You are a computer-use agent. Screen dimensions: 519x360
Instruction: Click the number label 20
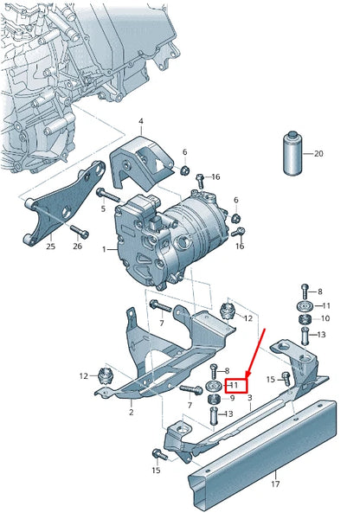(x=318, y=153)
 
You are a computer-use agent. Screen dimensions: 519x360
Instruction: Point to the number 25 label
(x=50, y=247)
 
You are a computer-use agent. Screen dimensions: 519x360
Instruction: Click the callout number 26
(x=78, y=247)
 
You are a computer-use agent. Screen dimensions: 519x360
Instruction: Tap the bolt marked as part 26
(x=80, y=231)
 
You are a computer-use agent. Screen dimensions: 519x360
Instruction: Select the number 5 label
(x=102, y=208)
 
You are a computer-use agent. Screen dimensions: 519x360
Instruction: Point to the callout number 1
(x=104, y=249)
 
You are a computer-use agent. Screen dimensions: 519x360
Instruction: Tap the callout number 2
(x=132, y=413)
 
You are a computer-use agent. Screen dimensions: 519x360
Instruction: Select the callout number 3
(x=249, y=398)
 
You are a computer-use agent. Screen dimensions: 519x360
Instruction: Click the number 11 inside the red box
(x=235, y=384)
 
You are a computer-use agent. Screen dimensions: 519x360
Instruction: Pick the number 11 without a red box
(x=326, y=306)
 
